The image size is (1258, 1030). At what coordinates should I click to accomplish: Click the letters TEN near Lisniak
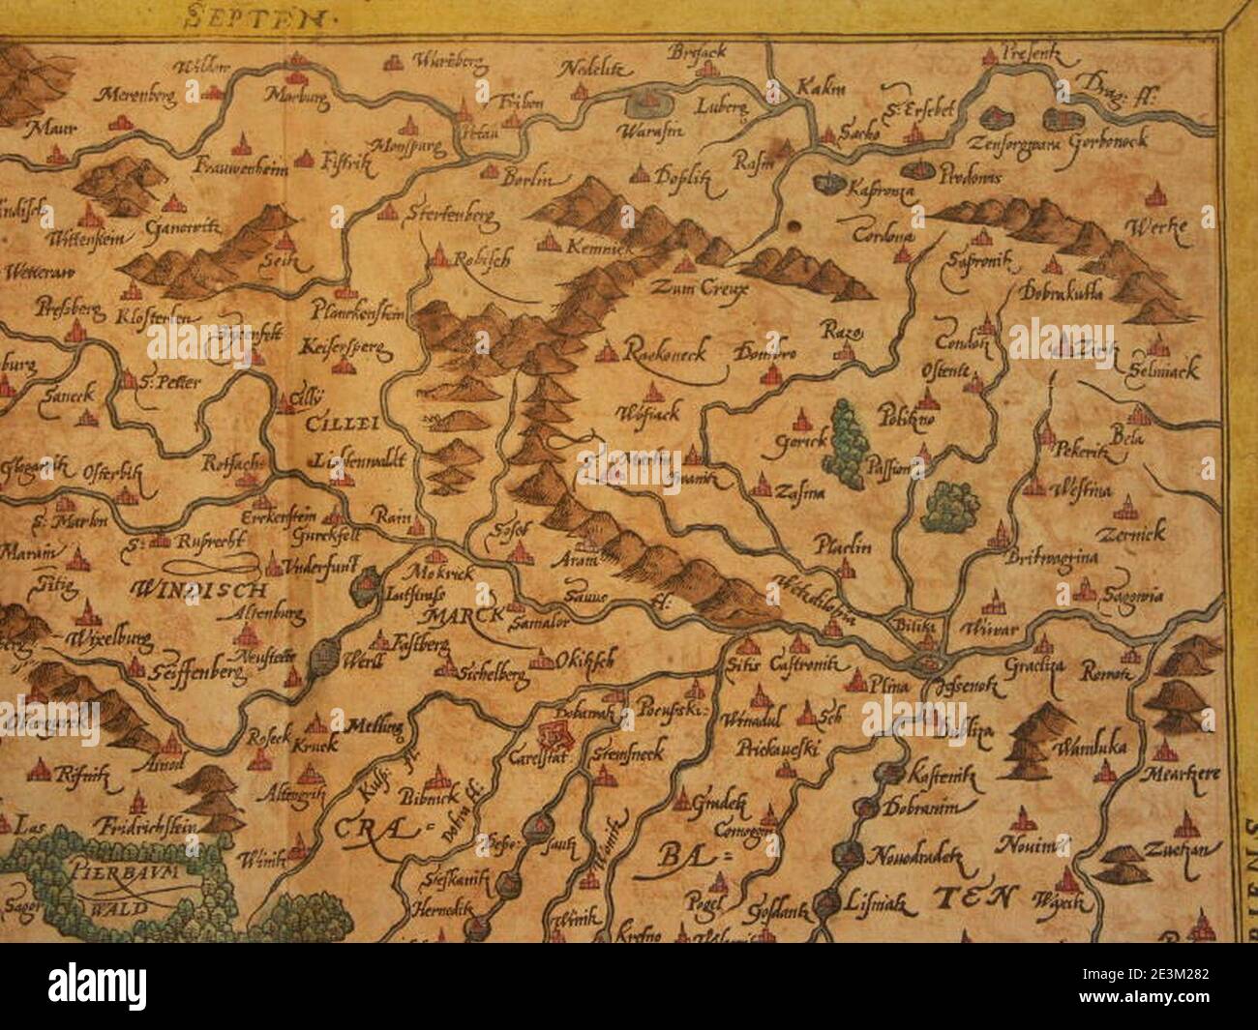click(x=973, y=898)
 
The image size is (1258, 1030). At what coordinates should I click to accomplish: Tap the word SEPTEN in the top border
click(x=249, y=16)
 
